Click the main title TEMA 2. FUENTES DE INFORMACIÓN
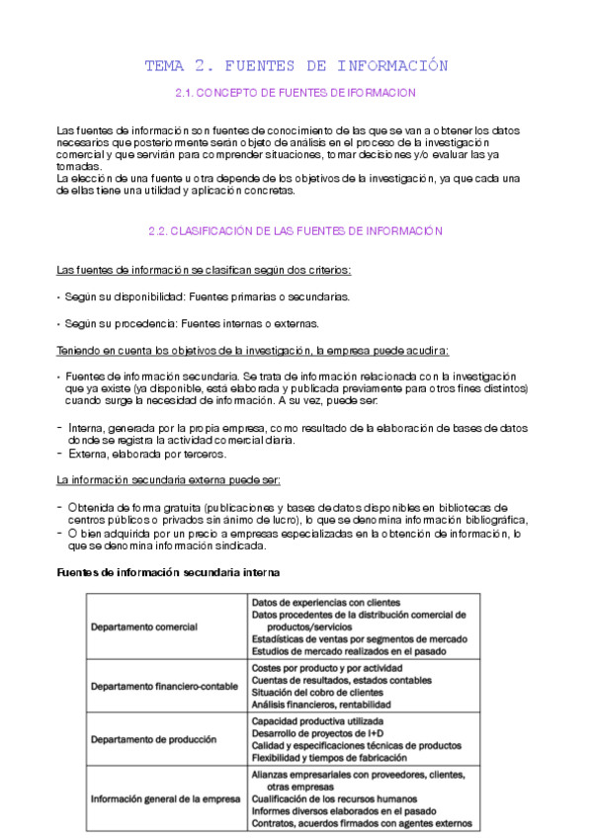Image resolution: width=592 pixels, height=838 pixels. coord(296,66)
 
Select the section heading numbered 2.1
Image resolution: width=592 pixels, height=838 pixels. coord(296,92)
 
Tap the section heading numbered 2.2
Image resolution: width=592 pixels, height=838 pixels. coord(296,230)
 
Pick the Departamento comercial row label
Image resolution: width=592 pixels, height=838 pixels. coord(144,627)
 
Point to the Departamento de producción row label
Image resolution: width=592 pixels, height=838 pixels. coord(153,739)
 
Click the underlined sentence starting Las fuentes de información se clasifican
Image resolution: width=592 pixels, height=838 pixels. coord(205,270)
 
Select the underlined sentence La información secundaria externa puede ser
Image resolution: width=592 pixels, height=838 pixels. coord(169,480)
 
